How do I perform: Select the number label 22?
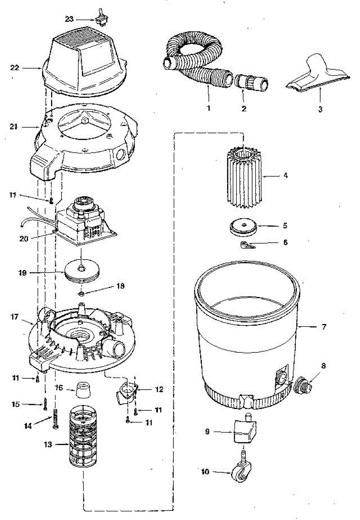(x=15, y=68)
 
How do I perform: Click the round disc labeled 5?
(x=243, y=227)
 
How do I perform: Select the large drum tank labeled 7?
(x=247, y=329)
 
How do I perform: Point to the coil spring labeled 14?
(x=55, y=419)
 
